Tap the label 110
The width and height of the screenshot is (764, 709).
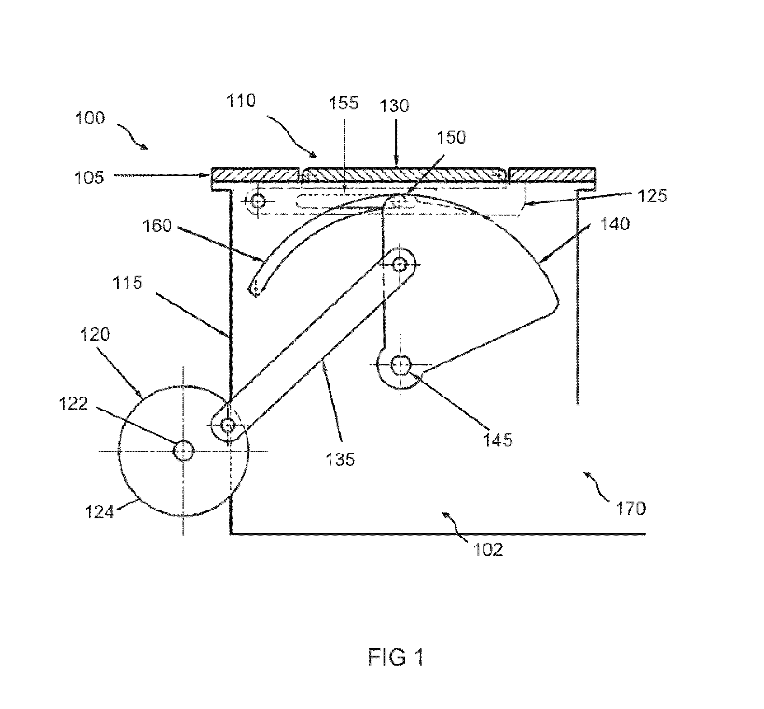pyautogui.click(x=241, y=101)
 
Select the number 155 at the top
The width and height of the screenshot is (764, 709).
pyautogui.click(x=343, y=103)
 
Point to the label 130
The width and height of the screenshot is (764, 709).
pyautogui.click(x=394, y=106)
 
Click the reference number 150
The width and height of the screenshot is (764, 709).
pyautogui.click(x=451, y=137)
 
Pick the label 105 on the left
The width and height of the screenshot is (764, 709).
pyautogui.click(x=89, y=177)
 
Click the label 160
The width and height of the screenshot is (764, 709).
pyautogui.click(x=157, y=225)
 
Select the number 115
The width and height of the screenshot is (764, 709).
pyautogui.click(x=128, y=282)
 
